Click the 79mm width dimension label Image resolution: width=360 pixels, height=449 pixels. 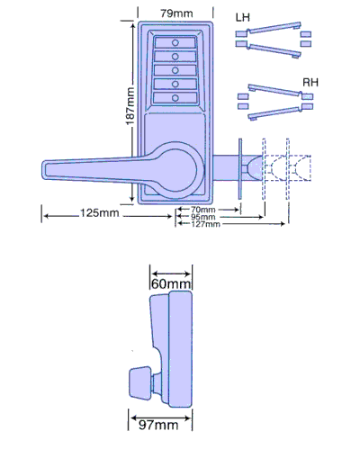(176, 13)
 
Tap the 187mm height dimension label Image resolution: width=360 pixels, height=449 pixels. (130, 106)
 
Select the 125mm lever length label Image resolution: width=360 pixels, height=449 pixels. (100, 213)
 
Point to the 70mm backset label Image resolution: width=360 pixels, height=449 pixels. (203, 210)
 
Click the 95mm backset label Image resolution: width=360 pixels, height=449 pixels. (203, 217)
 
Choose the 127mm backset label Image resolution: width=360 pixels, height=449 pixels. (205, 224)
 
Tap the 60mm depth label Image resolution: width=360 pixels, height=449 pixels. (171, 283)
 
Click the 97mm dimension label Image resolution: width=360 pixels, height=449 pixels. (158, 425)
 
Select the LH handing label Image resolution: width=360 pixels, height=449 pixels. (243, 17)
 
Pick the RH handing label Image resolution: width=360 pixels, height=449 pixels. (310, 83)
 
